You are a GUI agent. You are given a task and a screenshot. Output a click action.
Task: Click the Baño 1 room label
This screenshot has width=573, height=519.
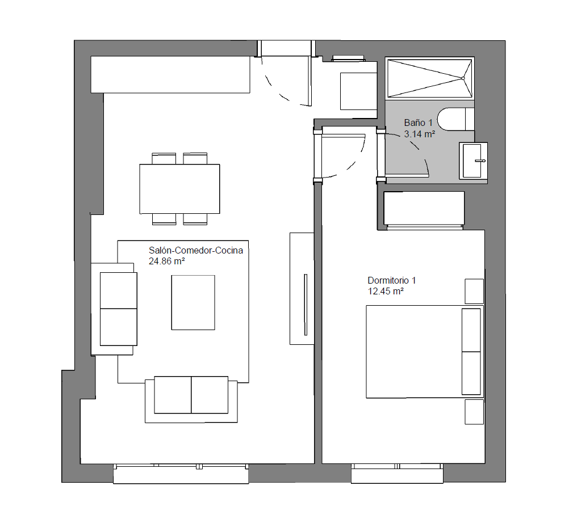(418, 123)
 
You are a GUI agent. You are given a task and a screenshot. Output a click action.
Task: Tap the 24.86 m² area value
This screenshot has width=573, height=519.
(166, 261)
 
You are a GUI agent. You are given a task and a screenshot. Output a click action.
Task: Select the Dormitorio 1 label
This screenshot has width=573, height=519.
(392, 280)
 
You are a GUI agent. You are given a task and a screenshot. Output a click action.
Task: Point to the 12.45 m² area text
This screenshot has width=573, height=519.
(386, 291)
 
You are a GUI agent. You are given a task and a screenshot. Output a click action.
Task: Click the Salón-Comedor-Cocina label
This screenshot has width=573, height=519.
(196, 250)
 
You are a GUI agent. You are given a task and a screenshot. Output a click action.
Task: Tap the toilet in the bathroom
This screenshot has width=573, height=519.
(455, 119)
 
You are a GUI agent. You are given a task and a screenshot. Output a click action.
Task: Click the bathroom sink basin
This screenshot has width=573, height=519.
(473, 161)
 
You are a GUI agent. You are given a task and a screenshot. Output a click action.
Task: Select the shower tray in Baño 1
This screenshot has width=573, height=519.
(430, 78)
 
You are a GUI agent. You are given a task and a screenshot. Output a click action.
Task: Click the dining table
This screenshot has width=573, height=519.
(179, 189)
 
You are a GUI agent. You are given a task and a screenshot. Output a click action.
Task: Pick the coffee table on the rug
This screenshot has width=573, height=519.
(193, 302)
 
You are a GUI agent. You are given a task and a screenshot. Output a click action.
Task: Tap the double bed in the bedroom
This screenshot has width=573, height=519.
(425, 352)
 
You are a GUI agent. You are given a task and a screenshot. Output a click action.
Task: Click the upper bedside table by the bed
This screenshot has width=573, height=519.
(474, 291)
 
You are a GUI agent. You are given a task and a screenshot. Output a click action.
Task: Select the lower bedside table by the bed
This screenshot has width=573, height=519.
(474, 412)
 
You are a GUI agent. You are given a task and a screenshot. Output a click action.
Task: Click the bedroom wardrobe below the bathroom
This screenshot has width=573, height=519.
(424, 208)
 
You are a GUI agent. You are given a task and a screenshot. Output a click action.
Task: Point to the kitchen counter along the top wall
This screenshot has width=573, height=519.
(170, 74)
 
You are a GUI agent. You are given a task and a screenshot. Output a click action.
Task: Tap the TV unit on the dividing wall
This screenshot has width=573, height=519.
(302, 288)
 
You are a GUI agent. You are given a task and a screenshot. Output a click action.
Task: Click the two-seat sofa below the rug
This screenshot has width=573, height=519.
(191, 400)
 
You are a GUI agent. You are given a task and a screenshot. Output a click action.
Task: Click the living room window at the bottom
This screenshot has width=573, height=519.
(181, 474)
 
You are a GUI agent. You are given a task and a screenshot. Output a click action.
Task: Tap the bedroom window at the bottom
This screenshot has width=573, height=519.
(397, 474)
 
